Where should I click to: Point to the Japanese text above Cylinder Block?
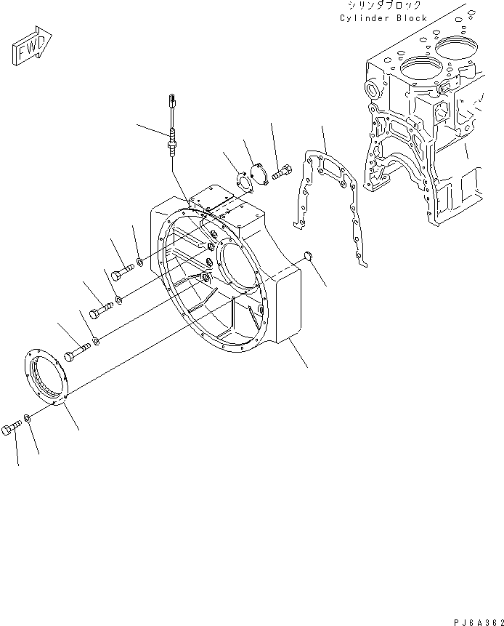383,6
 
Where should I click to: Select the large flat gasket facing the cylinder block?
324,207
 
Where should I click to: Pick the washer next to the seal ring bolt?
27,417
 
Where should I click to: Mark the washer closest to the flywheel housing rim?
139,260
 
